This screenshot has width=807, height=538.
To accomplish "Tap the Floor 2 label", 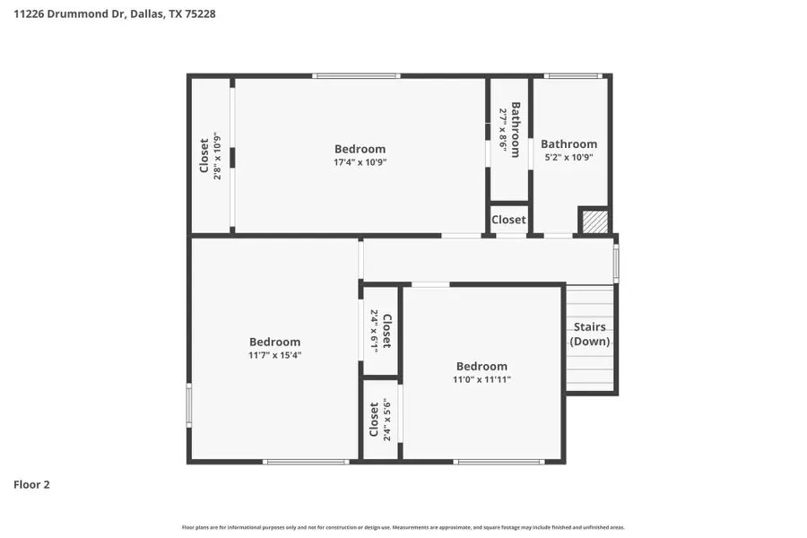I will (31, 485).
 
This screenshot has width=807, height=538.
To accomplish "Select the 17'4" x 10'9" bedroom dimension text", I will (360, 162).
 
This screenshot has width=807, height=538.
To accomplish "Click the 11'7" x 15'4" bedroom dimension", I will (274, 355).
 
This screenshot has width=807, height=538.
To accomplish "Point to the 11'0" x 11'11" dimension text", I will (482, 379).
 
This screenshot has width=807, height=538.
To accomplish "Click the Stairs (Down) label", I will (590, 334).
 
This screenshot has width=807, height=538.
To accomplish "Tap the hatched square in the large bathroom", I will (593, 221).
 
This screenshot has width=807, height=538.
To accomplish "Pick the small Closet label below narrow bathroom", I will (508, 220).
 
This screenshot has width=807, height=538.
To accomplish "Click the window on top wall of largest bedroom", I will (356, 76).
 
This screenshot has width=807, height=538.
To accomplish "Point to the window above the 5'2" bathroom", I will (573, 76).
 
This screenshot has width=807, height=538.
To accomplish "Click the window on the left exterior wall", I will (189, 405).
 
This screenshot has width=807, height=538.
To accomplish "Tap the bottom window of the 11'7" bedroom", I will (306, 462).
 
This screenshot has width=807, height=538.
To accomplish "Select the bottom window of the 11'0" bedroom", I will (499, 462).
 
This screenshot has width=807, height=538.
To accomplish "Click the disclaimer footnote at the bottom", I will (403, 527).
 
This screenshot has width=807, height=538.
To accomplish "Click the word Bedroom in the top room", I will (360, 149).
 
